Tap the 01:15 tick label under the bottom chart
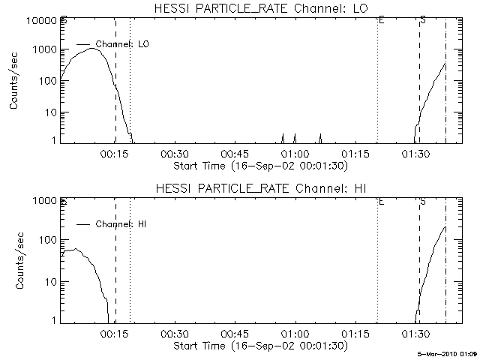pyautogui.click(x=355, y=334)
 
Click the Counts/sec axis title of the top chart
pyautogui.click(x=16, y=82)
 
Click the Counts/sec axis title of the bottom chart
pyautogui.click(x=16, y=262)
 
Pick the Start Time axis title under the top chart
pyautogui.click(x=259, y=165)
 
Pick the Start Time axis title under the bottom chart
pyautogui.click(x=259, y=345)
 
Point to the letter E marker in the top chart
pyautogui.click(x=381, y=20)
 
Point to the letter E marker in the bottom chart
pyautogui.click(x=381, y=201)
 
